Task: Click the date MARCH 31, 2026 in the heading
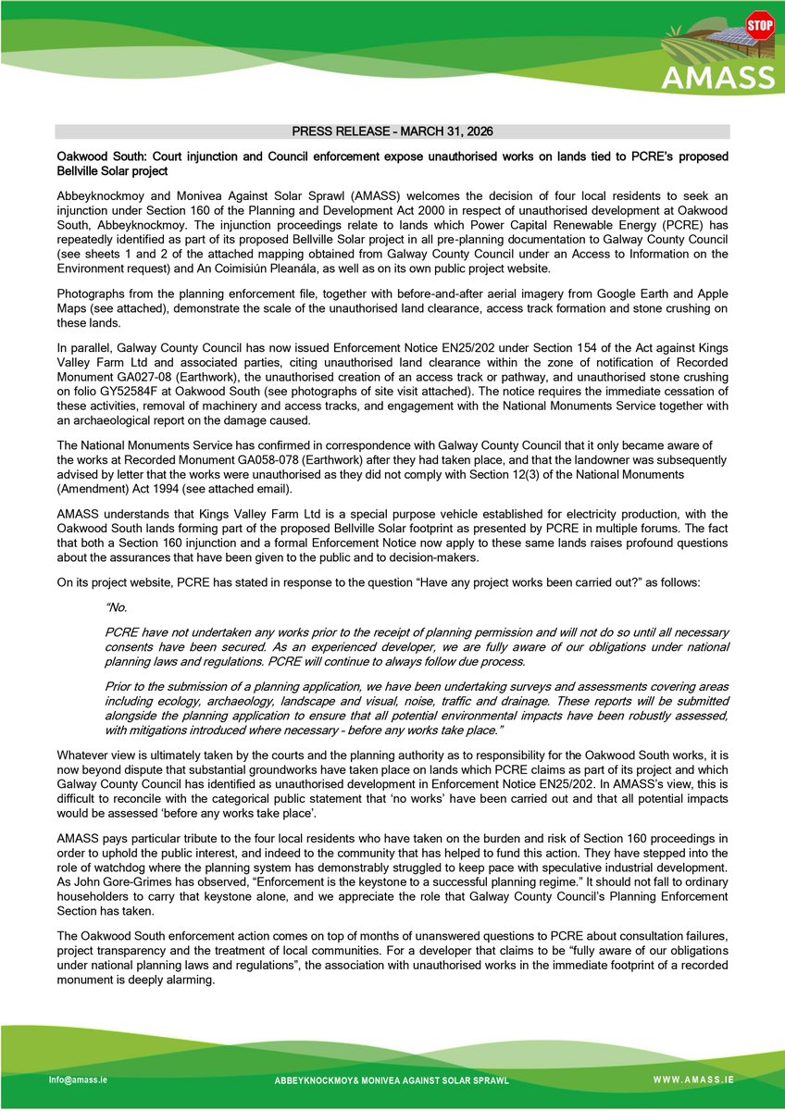(453, 132)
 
